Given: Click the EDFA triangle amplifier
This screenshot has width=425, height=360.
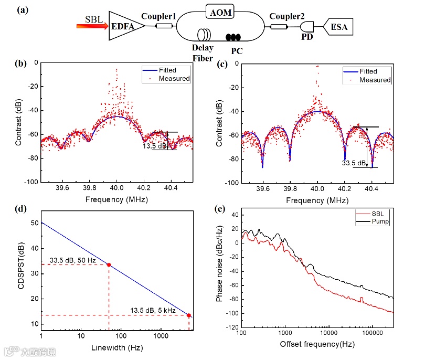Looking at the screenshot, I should [123, 26].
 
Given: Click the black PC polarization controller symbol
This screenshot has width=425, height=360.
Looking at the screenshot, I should [233, 37].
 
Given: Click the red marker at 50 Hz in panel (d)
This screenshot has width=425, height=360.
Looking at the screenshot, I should [109, 265].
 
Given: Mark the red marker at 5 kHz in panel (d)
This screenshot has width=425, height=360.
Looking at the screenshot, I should [188, 315].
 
